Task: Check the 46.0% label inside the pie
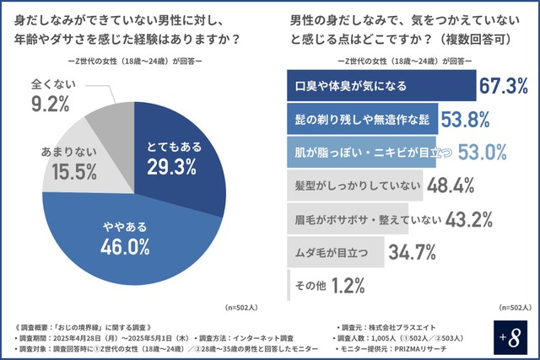(127, 245)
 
